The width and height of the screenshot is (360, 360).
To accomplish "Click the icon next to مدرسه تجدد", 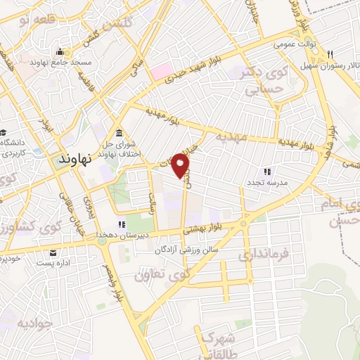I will [266, 171].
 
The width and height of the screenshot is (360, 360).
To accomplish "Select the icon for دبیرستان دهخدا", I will [122, 225].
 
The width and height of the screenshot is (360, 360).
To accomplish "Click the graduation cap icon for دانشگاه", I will [4, 134].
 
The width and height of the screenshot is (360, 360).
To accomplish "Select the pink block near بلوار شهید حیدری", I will [162, 71].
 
